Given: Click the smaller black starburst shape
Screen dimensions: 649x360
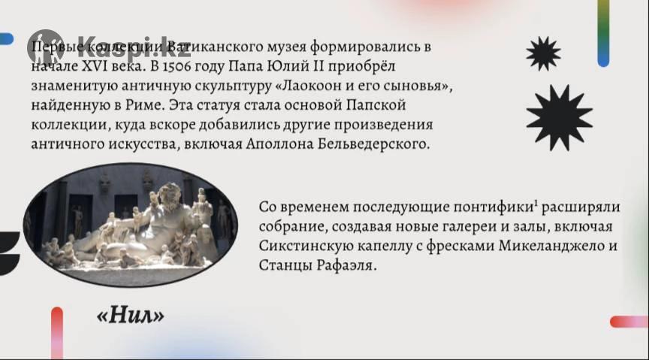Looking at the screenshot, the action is click(x=543, y=53).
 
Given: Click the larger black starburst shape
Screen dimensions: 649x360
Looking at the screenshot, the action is click(x=559, y=118).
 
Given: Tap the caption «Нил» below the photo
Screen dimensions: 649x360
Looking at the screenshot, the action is click(x=131, y=316).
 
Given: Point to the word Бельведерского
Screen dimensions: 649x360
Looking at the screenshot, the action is click(x=374, y=144).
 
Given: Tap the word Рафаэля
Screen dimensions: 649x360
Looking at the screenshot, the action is click(x=347, y=265).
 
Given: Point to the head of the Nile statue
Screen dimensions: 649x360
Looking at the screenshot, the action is click(x=168, y=194).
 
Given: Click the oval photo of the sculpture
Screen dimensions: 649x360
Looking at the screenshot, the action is click(x=131, y=225).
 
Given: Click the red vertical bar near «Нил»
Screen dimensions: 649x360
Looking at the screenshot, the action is click(x=57, y=333).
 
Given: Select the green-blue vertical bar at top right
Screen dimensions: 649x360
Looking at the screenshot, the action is click(x=603, y=33).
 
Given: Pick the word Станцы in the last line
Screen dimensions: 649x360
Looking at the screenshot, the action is click(x=286, y=265).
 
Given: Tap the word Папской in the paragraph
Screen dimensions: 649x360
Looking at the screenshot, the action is click(x=376, y=105).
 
